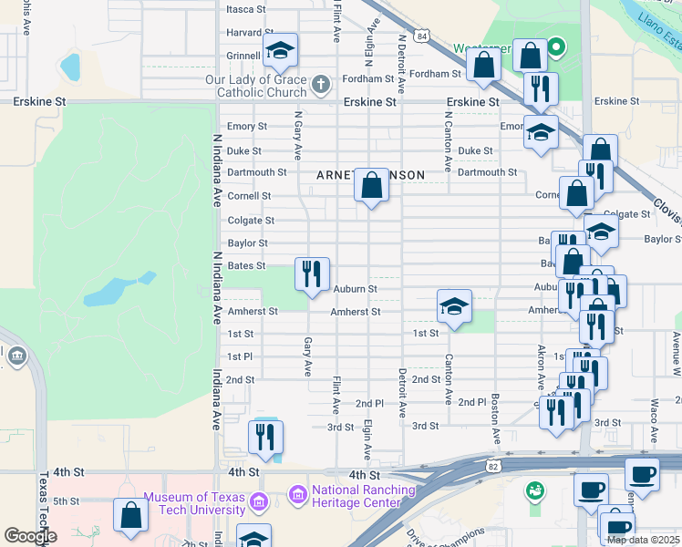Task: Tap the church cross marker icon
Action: pyautogui.click(x=320, y=86)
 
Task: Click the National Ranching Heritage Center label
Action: pyautogui.click(x=356, y=496)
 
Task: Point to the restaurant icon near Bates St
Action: pyautogui.click(x=312, y=273)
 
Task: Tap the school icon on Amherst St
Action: pyautogui.click(x=454, y=306)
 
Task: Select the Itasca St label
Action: pyautogui.click(x=246, y=9)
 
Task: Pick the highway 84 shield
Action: pyautogui.click(x=421, y=36)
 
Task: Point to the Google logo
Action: pyautogui.click(x=30, y=536)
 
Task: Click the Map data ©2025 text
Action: pyautogui.click(x=642, y=540)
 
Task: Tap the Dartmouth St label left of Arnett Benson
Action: pyautogui.click(x=257, y=171)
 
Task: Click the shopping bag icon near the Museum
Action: pyautogui.click(x=131, y=515)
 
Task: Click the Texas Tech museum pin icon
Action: pyautogui.click(x=258, y=501)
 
